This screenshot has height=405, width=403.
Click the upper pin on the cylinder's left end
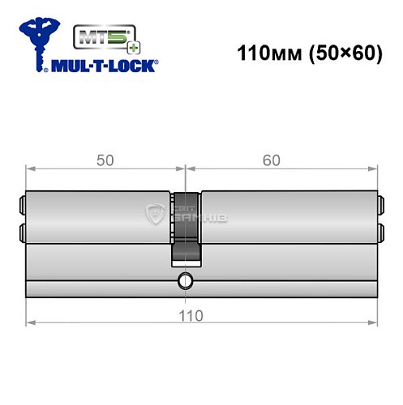[x=21, y=204]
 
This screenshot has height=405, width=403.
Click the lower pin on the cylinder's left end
[x=21, y=235]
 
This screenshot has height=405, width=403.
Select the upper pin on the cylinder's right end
[x=379, y=204]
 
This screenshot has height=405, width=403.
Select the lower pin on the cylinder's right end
[x=379, y=235]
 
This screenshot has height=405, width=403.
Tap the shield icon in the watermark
[x=155, y=215]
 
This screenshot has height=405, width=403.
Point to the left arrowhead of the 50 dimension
[x=31, y=168]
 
